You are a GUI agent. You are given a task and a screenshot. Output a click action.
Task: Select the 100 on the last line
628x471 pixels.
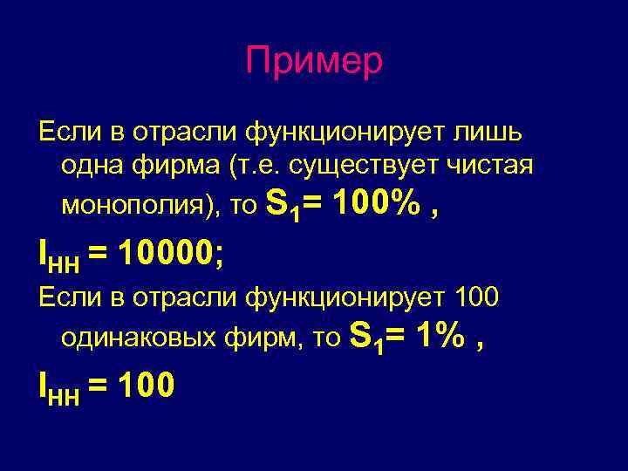coord(141,386)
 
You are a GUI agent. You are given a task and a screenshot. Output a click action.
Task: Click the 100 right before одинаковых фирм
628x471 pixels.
coord(477,299)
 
